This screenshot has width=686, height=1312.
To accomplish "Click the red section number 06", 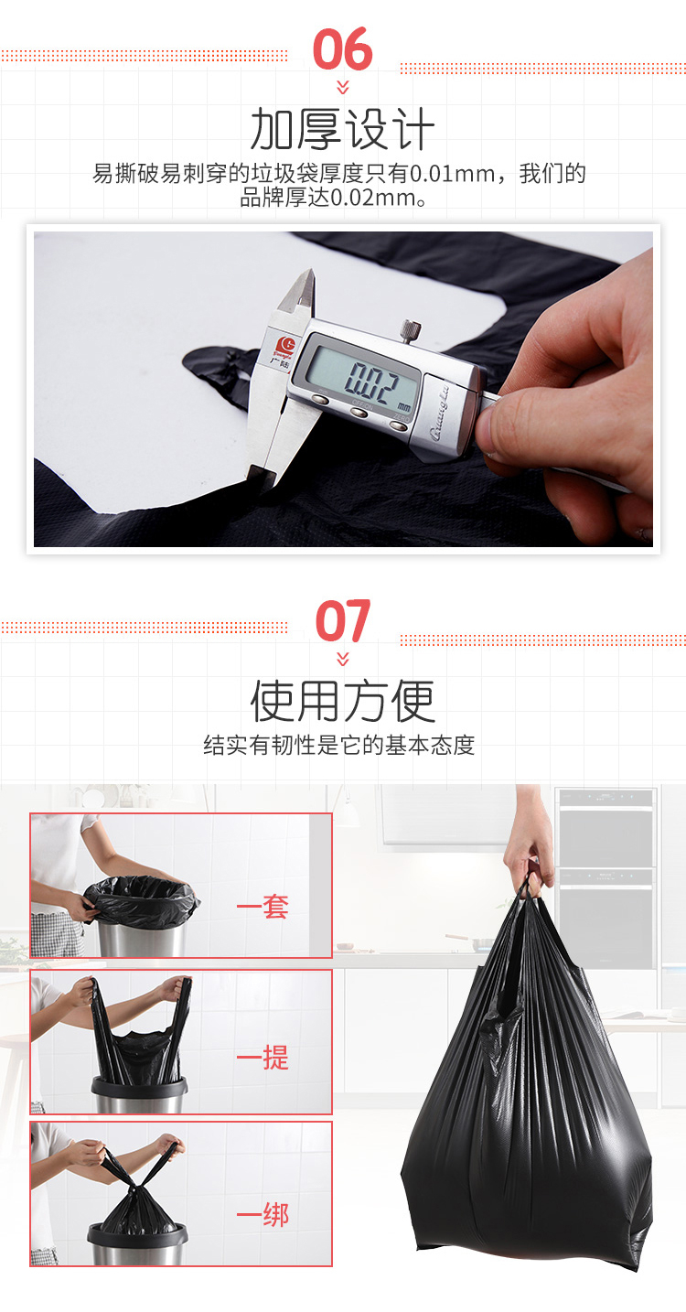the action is (342, 49).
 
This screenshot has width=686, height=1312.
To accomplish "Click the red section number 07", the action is (342, 621).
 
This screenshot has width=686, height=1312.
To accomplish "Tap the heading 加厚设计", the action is (342, 129).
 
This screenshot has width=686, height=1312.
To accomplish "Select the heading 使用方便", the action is (342, 701).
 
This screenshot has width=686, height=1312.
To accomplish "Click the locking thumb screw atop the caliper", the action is (411, 331).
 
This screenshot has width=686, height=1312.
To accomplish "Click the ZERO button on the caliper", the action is (399, 425).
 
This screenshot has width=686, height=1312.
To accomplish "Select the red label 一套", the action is (263, 908).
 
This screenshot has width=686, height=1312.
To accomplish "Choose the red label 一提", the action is (263, 1058).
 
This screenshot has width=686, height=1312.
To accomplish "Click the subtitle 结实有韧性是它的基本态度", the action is (339, 745).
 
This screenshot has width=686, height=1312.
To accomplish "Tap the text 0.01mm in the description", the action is (452, 173).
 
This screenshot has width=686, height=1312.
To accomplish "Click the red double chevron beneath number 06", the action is (343, 87).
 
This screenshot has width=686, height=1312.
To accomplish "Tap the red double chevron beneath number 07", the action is (343, 659).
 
